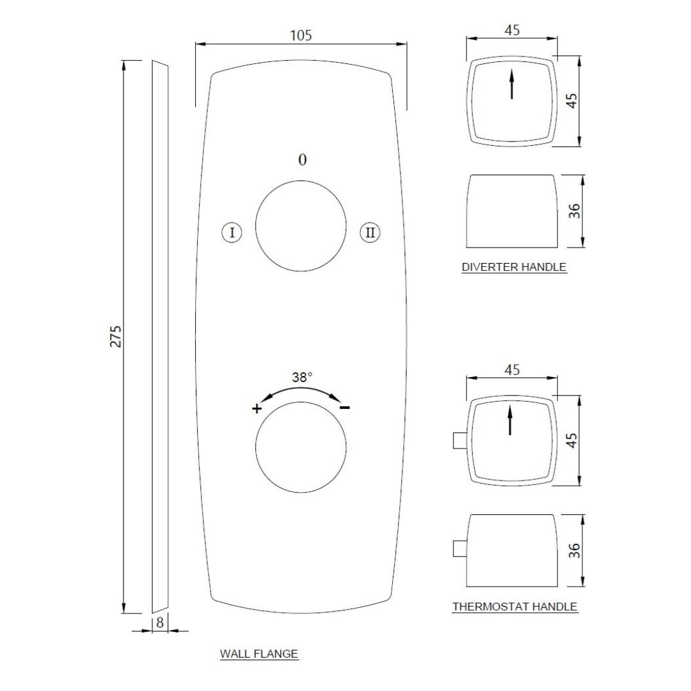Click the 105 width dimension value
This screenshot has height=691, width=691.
(301, 35)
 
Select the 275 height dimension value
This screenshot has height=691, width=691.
(115, 337)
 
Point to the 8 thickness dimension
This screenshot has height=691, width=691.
(160, 623)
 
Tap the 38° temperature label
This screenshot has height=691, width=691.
(302, 377)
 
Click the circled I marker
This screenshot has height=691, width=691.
(232, 232)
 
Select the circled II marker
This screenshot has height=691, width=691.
(370, 232)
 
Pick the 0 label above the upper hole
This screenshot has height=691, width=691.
(302, 159)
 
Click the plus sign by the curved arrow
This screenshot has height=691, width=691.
(257, 408)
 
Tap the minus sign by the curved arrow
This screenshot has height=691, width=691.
(345, 407)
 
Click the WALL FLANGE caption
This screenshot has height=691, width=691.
(259, 653)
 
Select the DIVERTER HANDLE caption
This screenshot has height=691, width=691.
(514, 267)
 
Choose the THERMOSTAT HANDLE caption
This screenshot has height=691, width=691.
(514, 607)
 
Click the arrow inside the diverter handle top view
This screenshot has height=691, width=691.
(512, 84)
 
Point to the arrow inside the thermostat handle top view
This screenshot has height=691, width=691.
(511, 420)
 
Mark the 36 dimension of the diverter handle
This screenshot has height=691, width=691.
(574, 211)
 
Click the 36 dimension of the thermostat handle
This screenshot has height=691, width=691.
(574, 551)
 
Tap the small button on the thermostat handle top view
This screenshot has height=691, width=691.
(460, 440)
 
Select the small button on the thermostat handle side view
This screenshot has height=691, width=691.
(460, 549)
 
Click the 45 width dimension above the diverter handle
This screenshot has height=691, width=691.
(512, 31)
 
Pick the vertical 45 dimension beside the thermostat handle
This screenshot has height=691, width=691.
(571, 440)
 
